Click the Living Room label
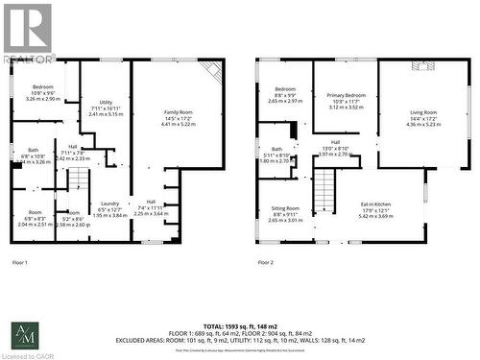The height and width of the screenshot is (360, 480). tap(423, 112)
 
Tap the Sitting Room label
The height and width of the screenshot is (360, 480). tap(285, 207)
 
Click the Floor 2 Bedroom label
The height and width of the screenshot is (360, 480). tap(285, 89)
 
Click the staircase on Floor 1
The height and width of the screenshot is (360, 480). tap(77, 180)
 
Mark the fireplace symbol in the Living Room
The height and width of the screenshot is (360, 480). tap(422, 65)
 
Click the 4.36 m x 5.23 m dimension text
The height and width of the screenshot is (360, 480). tap(423, 124)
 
